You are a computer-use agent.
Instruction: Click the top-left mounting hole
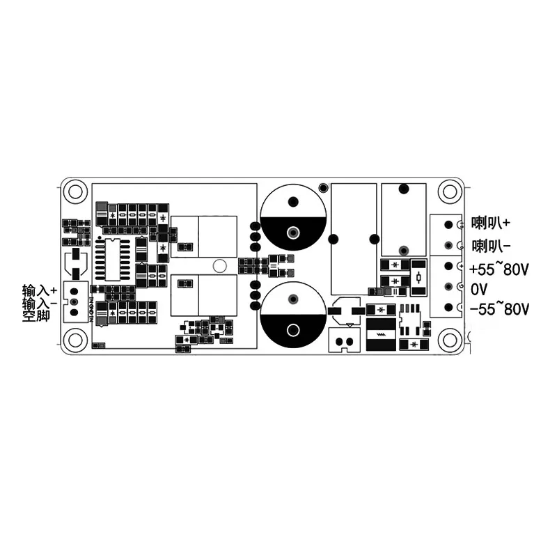point(74,191)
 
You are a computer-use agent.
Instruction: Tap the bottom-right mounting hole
point(450,339)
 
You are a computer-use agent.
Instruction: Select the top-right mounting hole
point(450,191)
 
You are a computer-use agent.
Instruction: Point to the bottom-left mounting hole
point(74,339)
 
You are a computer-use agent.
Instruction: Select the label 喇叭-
point(491,245)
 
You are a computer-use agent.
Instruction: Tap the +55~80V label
point(500,268)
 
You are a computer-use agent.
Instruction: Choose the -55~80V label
point(500,308)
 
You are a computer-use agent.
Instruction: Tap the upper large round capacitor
point(293,218)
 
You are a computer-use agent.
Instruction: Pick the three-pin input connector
point(73,301)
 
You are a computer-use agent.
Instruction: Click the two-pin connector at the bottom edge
point(343,340)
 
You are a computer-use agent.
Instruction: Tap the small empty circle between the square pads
point(219,266)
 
